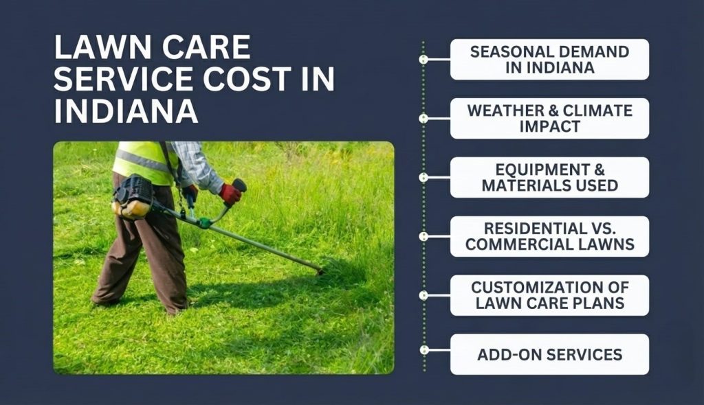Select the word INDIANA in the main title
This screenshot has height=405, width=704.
point(126,110)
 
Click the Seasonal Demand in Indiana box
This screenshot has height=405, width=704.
point(549,60)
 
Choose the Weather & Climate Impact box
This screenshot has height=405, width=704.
point(549,119)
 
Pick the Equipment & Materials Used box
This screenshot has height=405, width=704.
point(549,178)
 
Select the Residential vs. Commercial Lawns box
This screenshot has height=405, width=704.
point(549,237)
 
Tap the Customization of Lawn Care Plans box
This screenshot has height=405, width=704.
point(549,295)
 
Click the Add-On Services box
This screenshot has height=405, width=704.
point(549,354)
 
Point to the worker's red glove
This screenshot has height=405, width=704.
point(230,194)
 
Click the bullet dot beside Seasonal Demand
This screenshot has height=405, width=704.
point(423,60)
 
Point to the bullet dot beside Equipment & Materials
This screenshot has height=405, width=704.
point(423,178)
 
